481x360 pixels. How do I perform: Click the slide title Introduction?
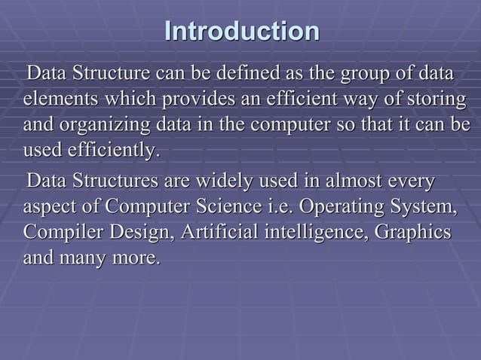pyautogui.click(x=241, y=32)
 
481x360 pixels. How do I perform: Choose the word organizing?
pyautogui.click(x=112, y=125)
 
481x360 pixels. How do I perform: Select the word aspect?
pyautogui.click(x=50, y=207)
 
